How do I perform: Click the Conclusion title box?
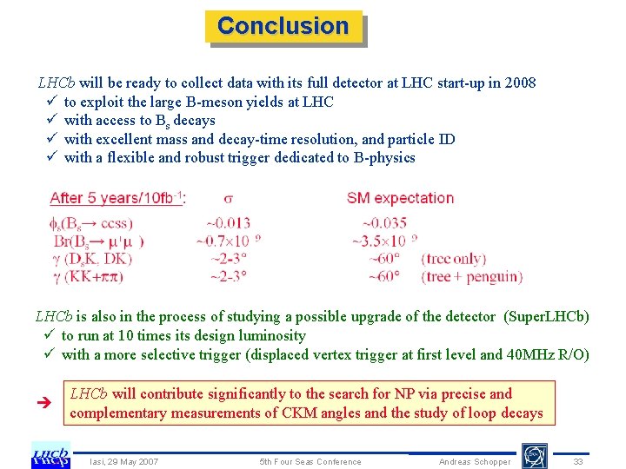coord(283,26)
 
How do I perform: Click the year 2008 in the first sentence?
coord(519,83)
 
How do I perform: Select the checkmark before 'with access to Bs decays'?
coord(51,121)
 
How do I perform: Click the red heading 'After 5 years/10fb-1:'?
coord(117,198)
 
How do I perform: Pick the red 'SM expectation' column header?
coord(400,198)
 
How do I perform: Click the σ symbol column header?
coord(228,198)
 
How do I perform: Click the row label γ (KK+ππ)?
coord(100,277)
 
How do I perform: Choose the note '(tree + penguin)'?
coord(471,277)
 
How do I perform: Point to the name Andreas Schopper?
coord(475,461)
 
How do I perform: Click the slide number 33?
coord(578,461)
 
